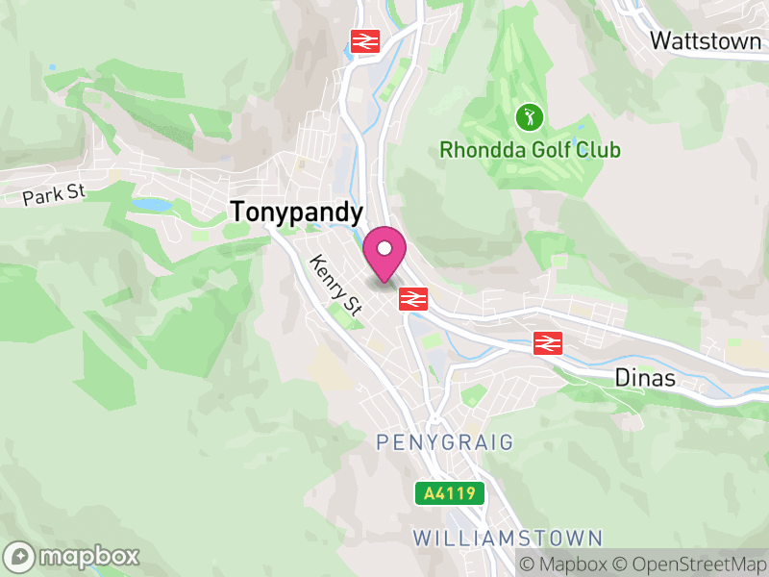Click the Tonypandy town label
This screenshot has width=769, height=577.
[297, 213]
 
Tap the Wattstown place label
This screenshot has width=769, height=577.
[707, 40]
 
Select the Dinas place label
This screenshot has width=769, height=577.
[645, 379]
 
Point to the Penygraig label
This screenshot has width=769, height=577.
[445, 441]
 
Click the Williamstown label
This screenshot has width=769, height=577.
[509, 538]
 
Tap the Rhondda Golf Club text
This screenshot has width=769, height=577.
[530, 150]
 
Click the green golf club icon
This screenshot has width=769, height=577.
[530, 118]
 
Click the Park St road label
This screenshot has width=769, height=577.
[55, 193]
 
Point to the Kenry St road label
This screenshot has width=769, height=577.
[335, 285]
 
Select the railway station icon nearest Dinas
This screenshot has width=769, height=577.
[548, 341]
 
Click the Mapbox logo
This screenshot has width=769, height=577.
[73, 556]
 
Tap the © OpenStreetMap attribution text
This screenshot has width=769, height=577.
[691, 564]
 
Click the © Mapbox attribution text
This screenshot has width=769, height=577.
[564, 564]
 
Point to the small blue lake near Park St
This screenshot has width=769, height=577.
[152, 205]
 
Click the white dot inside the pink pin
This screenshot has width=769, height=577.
[384, 249]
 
